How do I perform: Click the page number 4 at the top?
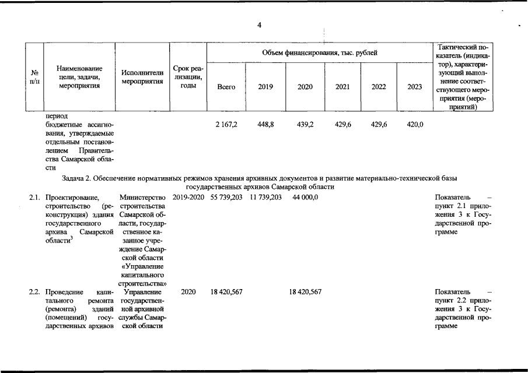[x=259, y=24]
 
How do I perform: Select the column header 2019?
[x=265, y=87]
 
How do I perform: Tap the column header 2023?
[x=414, y=87]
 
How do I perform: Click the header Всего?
[x=226, y=87]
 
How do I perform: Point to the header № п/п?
[x=34, y=78]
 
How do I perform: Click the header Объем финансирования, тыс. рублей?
[x=319, y=53]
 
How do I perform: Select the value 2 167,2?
[x=226, y=125]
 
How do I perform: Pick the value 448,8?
[x=265, y=125]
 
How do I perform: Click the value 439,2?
[x=305, y=125]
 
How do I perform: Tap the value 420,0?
[x=414, y=125]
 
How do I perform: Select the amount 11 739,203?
[x=265, y=198]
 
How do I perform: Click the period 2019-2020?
[x=188, y=198]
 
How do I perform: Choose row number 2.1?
[x=34, y=198]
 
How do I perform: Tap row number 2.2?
[x=34, y=291]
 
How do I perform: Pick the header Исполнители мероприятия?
[x=142, y=78]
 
